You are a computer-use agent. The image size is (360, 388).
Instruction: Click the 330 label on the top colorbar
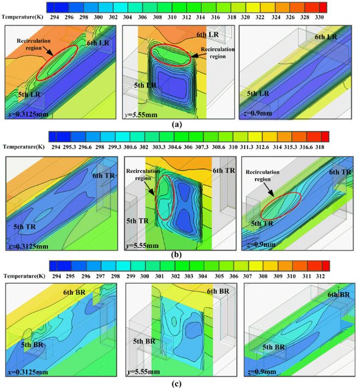(x=322, y=17)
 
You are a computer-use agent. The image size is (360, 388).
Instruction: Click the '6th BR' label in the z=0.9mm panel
(x=339, y=294)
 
